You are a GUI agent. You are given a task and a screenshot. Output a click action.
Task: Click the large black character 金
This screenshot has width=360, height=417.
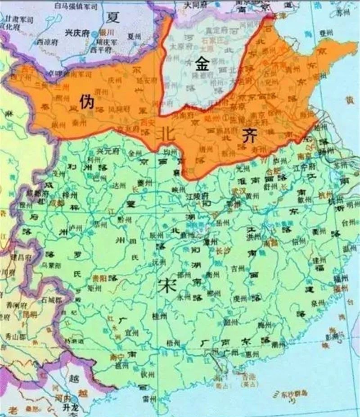(202, 64)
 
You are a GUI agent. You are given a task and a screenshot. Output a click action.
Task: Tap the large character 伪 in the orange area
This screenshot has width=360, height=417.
(86, 103)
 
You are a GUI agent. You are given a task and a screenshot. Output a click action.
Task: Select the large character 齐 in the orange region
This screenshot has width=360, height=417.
(248, 136)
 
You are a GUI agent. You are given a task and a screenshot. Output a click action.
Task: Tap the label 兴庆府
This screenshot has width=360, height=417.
(76, 32)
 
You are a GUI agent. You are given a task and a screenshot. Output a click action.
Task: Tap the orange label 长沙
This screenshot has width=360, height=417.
(223, 251)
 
